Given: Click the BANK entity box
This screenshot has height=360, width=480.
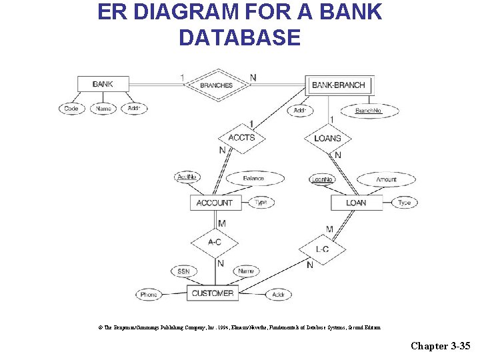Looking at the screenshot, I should tap(103, 84).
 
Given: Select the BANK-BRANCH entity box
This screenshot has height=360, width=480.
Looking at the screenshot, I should tap(339, 85).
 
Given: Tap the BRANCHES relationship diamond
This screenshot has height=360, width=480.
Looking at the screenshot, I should tap(217, 85).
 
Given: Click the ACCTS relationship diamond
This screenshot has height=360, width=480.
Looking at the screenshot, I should tap(241, 138).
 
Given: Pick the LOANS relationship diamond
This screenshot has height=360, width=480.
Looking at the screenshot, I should tap(327, 138).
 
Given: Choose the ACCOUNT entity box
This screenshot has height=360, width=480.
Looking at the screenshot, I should tap(215, 203).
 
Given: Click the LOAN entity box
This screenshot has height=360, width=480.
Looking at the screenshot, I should tap(356, 203).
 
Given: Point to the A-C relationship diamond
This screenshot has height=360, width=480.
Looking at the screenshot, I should tap(215, 242).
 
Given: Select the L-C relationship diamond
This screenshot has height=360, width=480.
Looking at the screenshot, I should tap(322, 249).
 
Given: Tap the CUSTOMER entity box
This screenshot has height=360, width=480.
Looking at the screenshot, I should tap(213, 293).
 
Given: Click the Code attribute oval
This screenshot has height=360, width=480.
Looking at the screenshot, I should tap(71, 109).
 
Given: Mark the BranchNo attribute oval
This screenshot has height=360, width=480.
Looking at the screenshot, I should tap(369, 111).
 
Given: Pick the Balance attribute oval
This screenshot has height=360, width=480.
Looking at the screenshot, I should tap(253, 179).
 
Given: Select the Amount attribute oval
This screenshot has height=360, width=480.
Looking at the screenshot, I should tap(386, 179).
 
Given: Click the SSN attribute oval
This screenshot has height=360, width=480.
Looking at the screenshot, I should tap(184, 271).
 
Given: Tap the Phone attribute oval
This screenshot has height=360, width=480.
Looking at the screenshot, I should tap(149, 295).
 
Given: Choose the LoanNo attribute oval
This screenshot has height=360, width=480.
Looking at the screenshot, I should tap(323, 179).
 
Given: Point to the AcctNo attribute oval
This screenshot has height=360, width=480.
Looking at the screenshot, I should tap(187, 177).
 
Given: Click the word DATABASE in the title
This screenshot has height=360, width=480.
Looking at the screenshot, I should tap(239, 37).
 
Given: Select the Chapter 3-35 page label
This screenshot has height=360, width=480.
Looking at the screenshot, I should tap(441, 345).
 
